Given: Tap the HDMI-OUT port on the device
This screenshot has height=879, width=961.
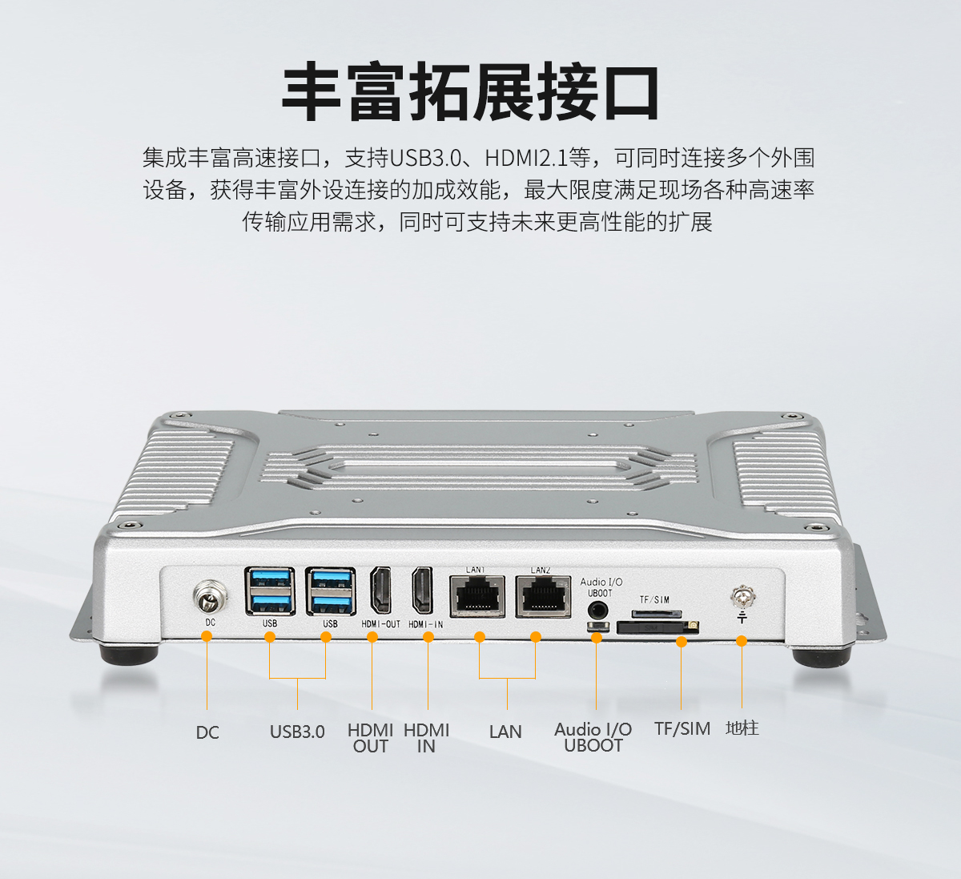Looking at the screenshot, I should point(380,591).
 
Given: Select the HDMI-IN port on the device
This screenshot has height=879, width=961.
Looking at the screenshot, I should point(421,591).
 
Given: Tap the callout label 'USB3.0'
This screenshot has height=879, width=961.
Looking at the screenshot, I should point(297,732).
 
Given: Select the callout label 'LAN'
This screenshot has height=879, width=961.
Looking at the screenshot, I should point(505,732).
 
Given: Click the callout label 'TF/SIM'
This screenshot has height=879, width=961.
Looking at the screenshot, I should point(682,728).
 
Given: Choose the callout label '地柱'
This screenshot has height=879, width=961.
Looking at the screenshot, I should point(742,728).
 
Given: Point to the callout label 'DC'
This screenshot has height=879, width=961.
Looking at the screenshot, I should point(207,732).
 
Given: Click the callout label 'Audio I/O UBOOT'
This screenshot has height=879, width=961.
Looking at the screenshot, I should point(593,737).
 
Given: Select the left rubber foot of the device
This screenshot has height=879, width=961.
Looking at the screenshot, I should point(128,655).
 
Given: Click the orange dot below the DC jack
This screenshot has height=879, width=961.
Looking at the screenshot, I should point(207,636).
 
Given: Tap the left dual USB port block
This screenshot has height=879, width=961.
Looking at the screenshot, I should point(270,591).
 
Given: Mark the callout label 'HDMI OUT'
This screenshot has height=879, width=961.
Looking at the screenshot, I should point(370,738).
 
